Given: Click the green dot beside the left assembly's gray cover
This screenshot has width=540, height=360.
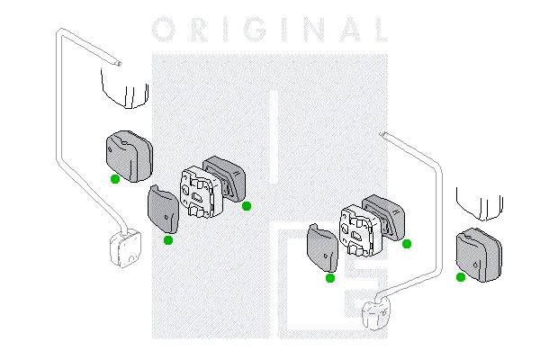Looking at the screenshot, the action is tap(115, 179).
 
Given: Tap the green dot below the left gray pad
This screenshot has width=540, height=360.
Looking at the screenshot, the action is tap(168, 240).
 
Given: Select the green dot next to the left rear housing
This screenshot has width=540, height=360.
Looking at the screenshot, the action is tap(247, 206).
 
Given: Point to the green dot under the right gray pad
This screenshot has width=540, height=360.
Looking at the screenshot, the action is tap(330, 278).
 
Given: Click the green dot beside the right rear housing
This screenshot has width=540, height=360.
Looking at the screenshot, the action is tap(407, 244).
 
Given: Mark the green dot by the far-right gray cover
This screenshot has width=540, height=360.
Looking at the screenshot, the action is tap(461, 277).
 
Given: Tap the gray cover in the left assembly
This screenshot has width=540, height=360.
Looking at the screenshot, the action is tap(129, 156).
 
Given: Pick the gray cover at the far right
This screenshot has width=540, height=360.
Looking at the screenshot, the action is tap(479, 255).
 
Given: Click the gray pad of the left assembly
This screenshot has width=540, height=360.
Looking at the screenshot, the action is tap(163, 209).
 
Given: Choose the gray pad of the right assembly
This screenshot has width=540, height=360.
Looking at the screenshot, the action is tap(322, 247).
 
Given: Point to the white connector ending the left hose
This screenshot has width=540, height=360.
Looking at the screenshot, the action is tap(125, 248).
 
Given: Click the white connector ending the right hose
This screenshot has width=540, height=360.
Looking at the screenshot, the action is tap(376, 312).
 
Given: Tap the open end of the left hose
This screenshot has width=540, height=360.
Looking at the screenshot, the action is tap(119, 63).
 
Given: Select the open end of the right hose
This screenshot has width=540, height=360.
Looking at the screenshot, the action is tap(382, 134).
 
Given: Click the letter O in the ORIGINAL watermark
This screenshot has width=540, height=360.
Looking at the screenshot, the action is tap(165, 30).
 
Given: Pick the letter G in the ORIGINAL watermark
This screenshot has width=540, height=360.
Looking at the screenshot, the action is tap(256, 30).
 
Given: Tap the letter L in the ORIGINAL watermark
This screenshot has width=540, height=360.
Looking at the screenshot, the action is tap(381, 30).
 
